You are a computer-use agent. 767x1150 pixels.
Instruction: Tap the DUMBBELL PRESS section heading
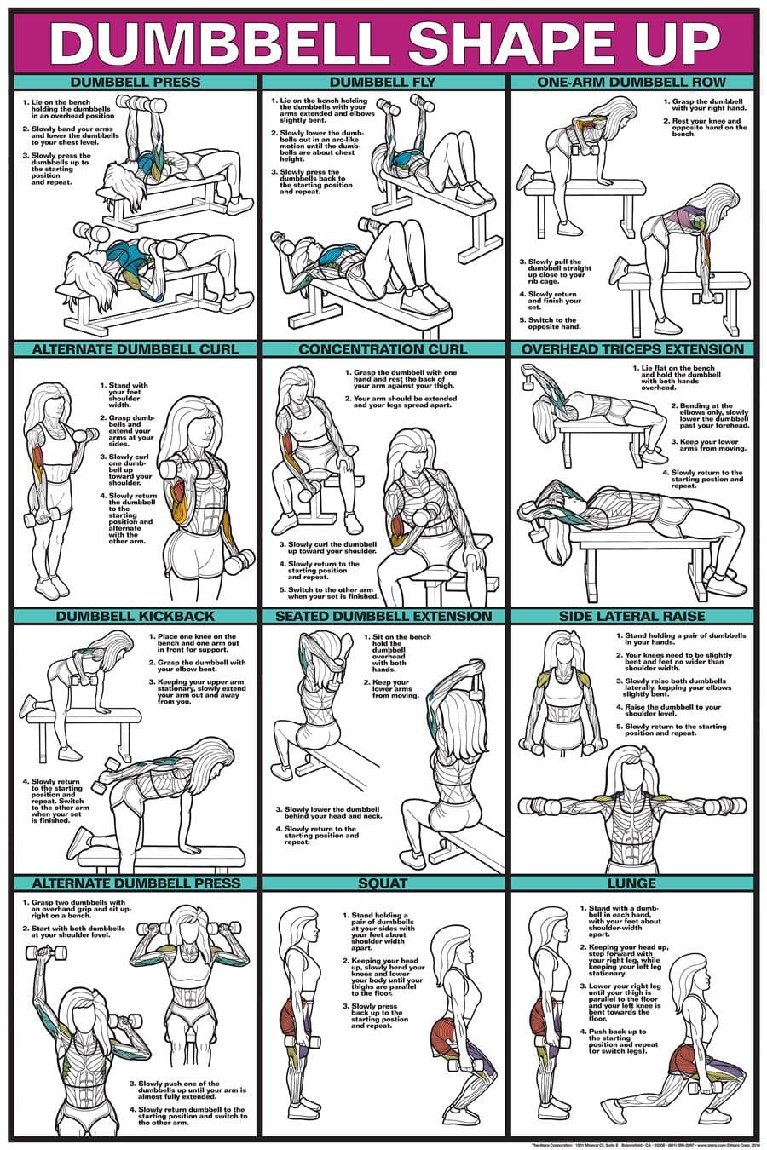pos(136,83)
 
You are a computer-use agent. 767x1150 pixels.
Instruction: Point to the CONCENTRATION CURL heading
pos(383,349)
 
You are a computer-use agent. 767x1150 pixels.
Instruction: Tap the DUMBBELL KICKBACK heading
pos(136,616)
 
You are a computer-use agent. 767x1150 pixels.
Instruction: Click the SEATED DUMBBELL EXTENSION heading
pos(383,616)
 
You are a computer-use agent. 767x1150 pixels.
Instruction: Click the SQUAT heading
pos(383,883)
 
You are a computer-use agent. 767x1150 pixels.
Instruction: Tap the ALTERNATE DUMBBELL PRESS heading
pos(136,883)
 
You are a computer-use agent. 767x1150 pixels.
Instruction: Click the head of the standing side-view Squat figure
pos(301,924)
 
